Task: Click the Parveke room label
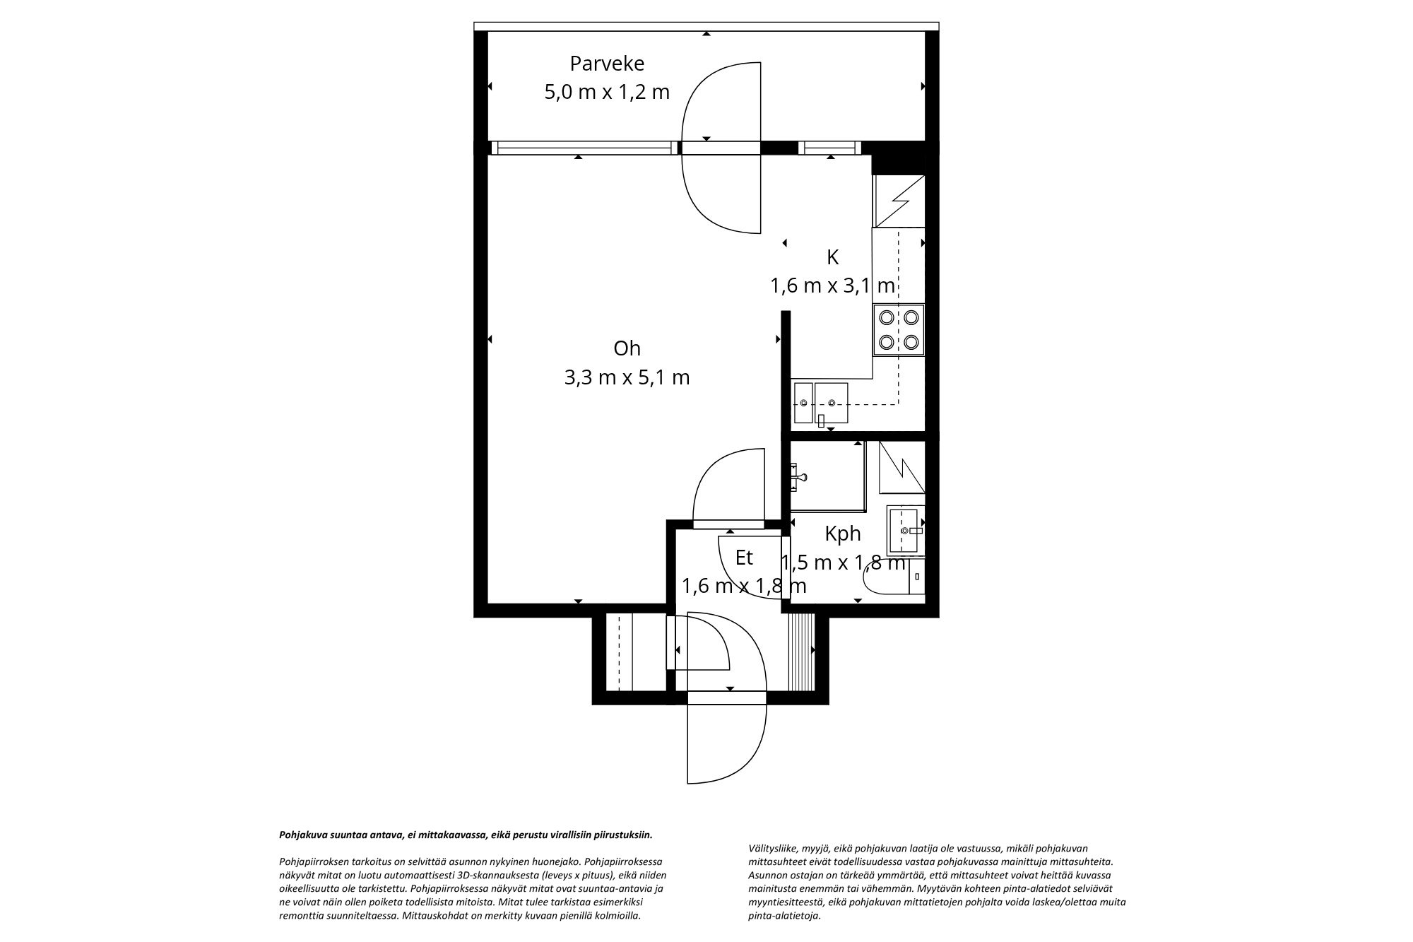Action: [607, 64]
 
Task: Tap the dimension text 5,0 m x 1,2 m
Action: [607, 92]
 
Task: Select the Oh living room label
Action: [627, 348]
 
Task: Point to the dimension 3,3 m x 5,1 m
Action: [627, 377]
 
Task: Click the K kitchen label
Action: [832, 257]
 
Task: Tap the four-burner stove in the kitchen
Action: [898, 329]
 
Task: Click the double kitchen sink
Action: [821, 403]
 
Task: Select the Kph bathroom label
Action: [842, 534]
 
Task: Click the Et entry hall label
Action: [744, 558]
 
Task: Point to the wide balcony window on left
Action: [584, 148]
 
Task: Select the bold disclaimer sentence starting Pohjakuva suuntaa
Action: [466, 835]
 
